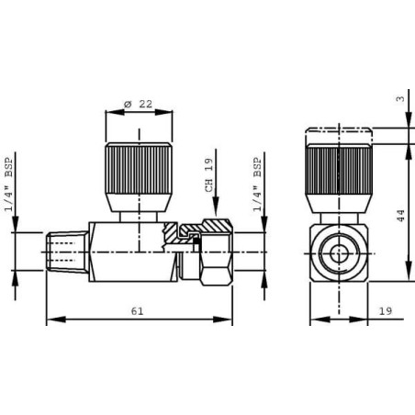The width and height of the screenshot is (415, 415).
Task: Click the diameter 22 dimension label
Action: pyautogui.click(x=138, y=104)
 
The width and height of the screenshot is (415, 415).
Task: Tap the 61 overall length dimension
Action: pyautogui.click(x=137, y=311)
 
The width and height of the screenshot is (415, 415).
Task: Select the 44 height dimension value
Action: pyautogui.click(x=400, y=216)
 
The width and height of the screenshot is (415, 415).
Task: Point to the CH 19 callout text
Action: pyautogui.click(x=208, y=175)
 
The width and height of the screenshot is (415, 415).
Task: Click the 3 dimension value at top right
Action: pyautogui.click(x=400, y=99)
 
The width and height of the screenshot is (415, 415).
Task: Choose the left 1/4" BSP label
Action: pyautogui.click(x=9, y=185)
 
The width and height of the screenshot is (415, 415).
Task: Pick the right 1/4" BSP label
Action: pyautogui.click(x=258, y=185)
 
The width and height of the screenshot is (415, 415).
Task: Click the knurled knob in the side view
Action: pyautogui.click(x=139, y=168)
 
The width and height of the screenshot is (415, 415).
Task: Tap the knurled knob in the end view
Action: pyautogui.click(x=339, y=169)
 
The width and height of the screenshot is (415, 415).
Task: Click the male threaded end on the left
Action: pyautogui.click(x=67, y=252)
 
